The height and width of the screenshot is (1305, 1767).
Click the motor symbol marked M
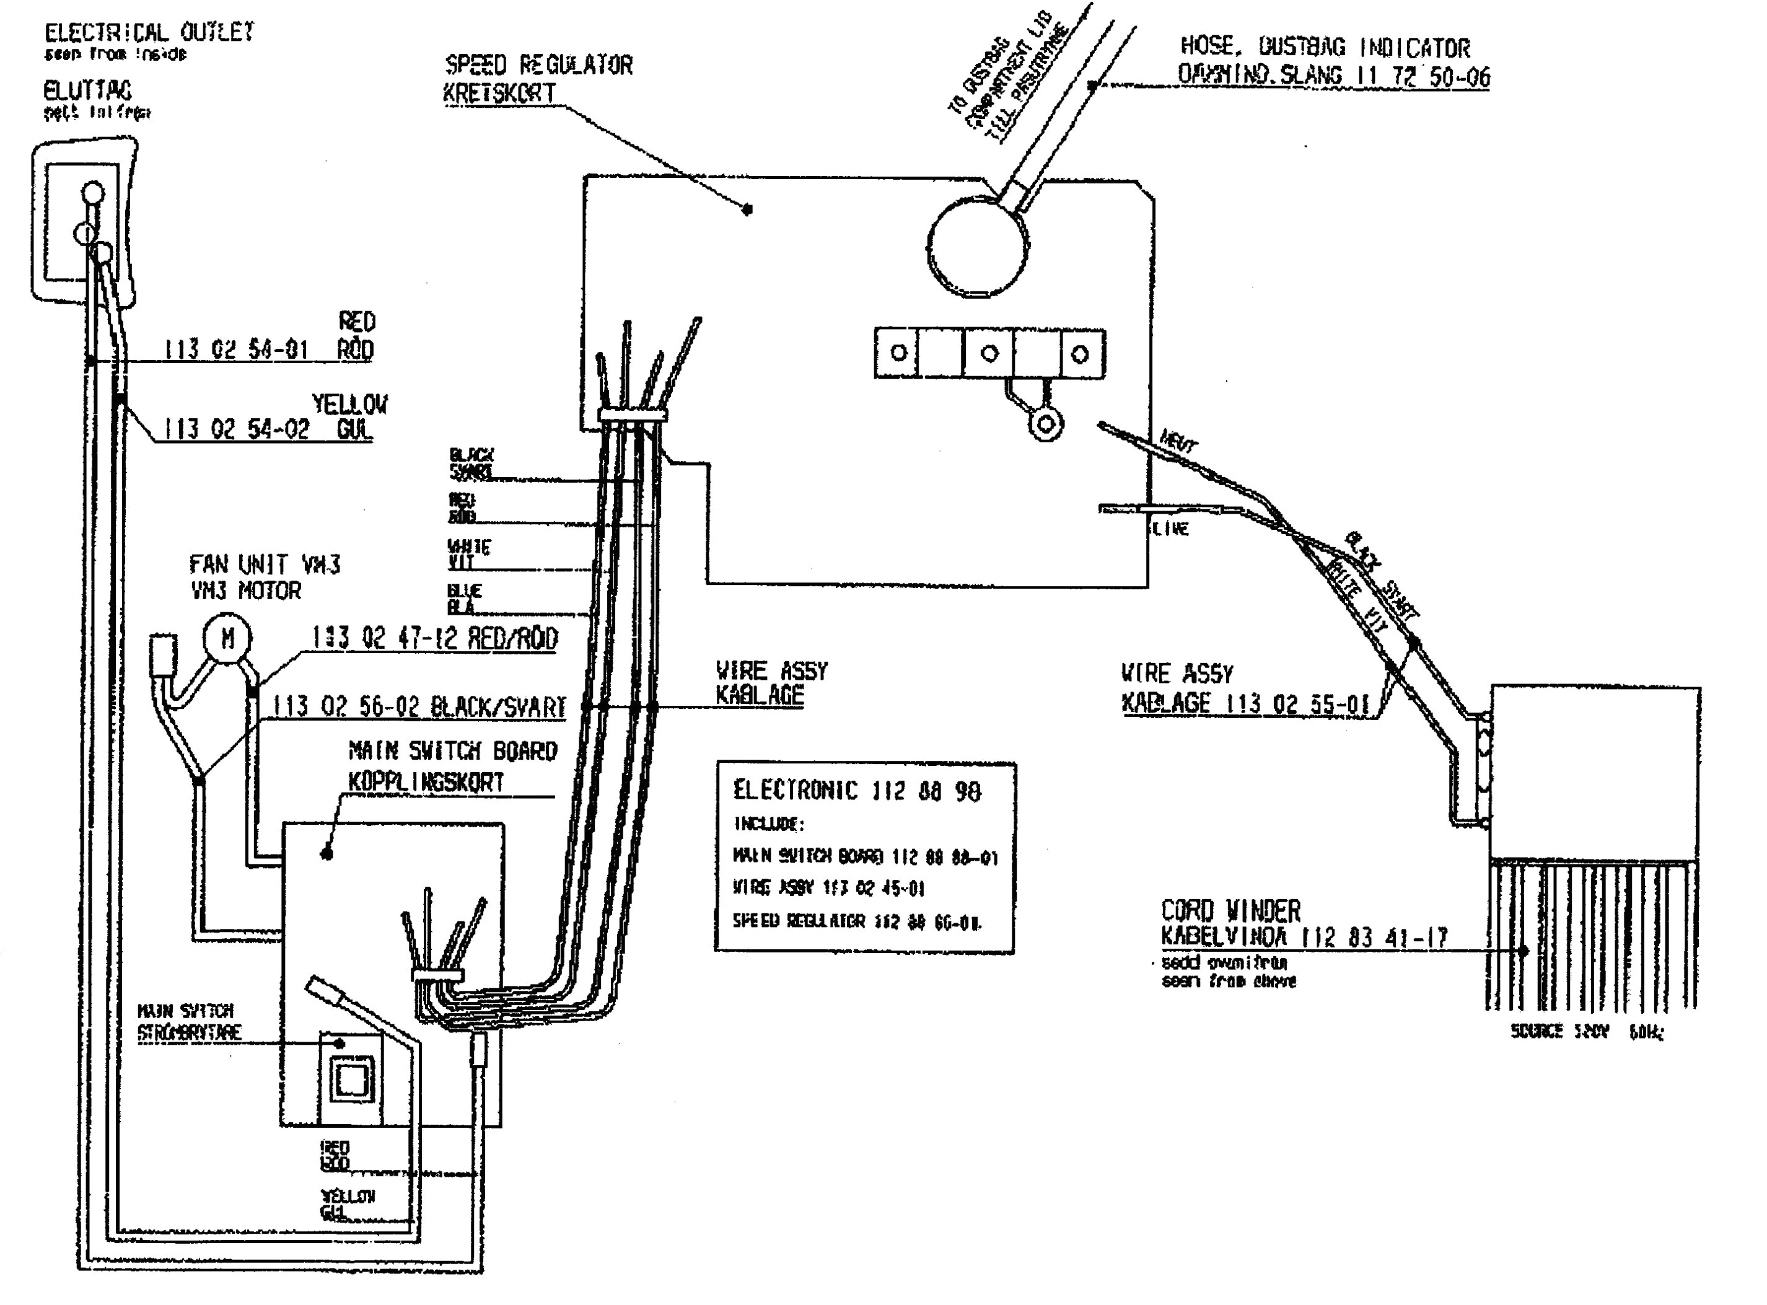click(227, 638)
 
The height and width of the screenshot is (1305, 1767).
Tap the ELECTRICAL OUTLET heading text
click(149, 32)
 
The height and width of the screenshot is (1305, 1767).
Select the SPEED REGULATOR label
click(538, 65)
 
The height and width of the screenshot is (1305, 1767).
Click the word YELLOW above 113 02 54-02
click(349, 405)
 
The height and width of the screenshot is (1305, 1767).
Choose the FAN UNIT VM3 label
click(265, 565)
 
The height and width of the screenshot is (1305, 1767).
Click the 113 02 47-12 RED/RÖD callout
click(434, 638)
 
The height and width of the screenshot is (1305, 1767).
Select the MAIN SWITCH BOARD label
click(453, 750)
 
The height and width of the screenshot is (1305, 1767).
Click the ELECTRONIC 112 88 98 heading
click(857, 791)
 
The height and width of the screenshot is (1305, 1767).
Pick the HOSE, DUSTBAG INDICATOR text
click(1325, 48)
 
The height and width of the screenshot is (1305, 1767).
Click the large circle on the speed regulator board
click(978, 247)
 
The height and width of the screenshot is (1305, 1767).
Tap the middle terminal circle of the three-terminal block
click(989, 353)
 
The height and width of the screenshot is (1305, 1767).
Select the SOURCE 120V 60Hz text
click(1587, 1032)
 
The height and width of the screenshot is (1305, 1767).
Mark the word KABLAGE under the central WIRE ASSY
click(760, 696)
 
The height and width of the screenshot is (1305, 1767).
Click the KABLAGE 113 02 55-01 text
click(1245, 703)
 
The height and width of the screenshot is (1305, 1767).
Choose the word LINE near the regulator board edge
click(1170, 529)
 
